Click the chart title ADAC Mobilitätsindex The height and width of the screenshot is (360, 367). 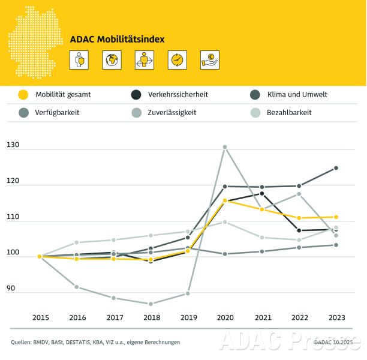click(117, 40)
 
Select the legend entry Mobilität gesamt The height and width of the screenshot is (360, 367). click(63, 94)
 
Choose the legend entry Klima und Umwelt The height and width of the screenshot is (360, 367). click(296, 94)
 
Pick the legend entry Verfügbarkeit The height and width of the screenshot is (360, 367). click(57, 112)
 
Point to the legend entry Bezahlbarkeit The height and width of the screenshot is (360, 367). click(289, 112)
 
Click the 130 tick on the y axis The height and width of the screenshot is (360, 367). click(13, 145)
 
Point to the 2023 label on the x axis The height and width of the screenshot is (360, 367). click(336, 317)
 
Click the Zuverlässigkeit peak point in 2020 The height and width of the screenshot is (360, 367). click(225, 147)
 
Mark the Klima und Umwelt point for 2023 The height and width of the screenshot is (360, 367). click(336, 168)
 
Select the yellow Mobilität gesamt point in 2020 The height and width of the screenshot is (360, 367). click(225, 201)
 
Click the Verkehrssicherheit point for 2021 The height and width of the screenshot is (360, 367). click(262, 193)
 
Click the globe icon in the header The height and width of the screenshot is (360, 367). click(111, 59)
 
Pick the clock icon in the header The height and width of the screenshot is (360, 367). click(178, 59)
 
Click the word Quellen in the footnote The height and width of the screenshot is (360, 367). click(22, 342)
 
